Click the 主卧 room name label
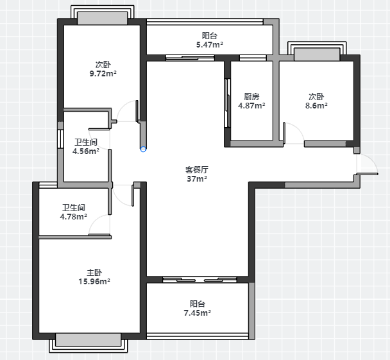tap(94, 273)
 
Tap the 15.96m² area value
tap(94, 281)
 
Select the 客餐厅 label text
tap(197, 169)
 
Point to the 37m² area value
tap(197, 178)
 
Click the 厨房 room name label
tap(251, 96)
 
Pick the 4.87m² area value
tap(251, 105)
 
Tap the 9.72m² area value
tap(103, 73)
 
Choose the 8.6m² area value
tap(316, 105)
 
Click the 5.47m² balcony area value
tap(209, 44)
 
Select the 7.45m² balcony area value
tap(197, 313)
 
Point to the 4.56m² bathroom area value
tap(86, 151)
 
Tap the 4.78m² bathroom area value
tap(73, 216)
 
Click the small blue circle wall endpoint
tap(143, 150)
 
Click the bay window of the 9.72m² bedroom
tap(103, 15)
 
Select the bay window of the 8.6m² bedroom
tap(317, 51)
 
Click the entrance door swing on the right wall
tap(368, 164)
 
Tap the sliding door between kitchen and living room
tap(227, 103)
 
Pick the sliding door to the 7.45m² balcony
tap(199, 280)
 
